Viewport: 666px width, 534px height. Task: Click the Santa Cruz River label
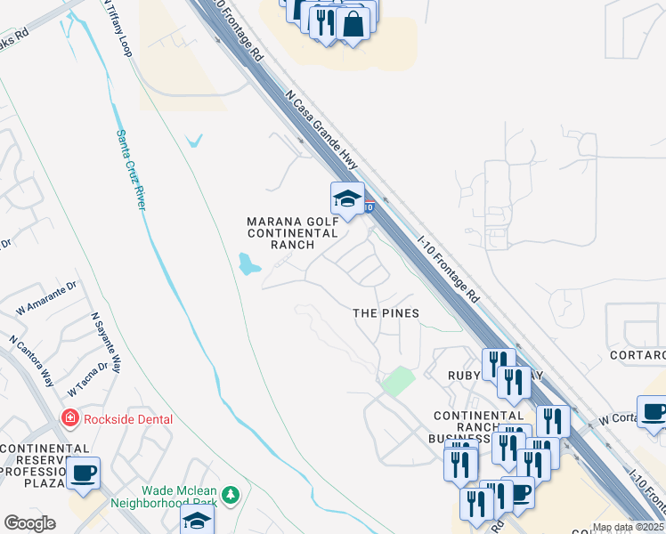tap(130, 169)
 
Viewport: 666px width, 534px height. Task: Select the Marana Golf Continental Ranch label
tap(293, 232)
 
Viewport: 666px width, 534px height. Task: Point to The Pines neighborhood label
tap(386, 313)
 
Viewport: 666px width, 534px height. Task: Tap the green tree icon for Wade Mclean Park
tap(231, 493)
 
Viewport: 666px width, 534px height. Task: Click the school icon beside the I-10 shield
tap(347, 198)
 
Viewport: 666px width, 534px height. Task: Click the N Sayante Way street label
tap(105, 342)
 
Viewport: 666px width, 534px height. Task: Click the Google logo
tap(29, 523)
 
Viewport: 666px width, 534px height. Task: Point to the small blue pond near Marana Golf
tap(248, 263)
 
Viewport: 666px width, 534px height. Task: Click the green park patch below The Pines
tap(398, 381)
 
